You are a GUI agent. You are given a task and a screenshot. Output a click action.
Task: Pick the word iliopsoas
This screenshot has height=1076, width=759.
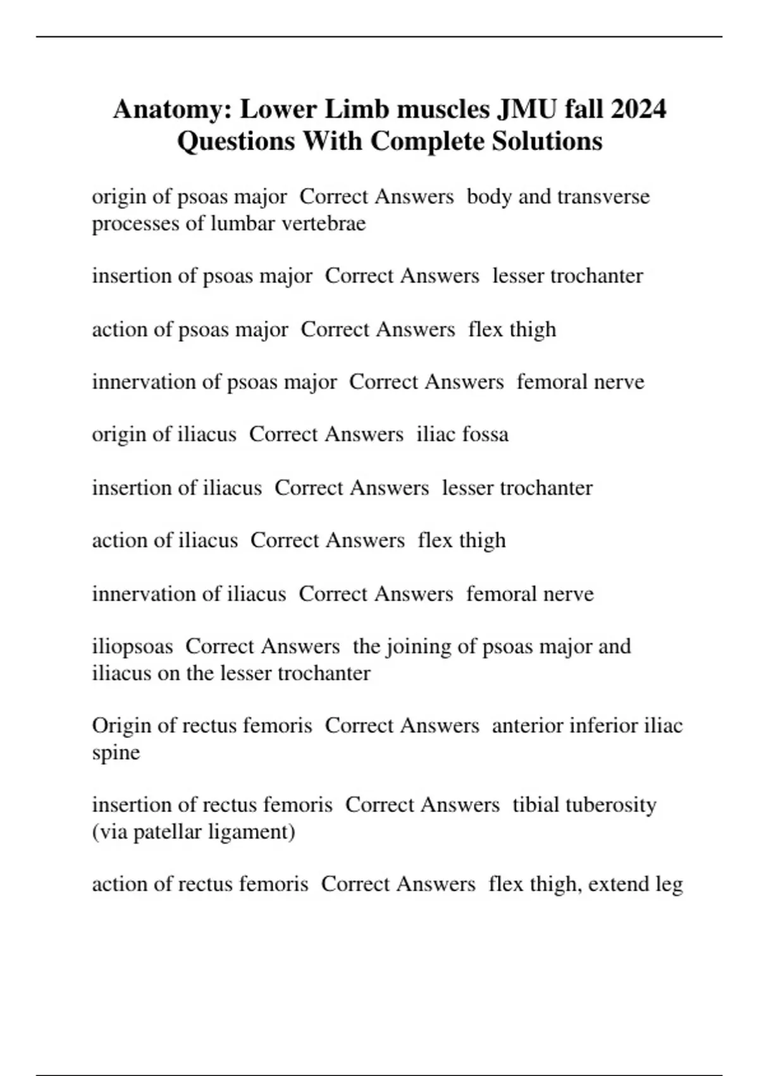point(132,647)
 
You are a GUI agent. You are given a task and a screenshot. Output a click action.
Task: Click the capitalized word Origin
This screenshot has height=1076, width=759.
point(121,725)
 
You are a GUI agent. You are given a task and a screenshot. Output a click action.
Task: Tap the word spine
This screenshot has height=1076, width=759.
point(116,753)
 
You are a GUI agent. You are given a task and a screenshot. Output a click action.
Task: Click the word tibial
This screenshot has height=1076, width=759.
point(536,805)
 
